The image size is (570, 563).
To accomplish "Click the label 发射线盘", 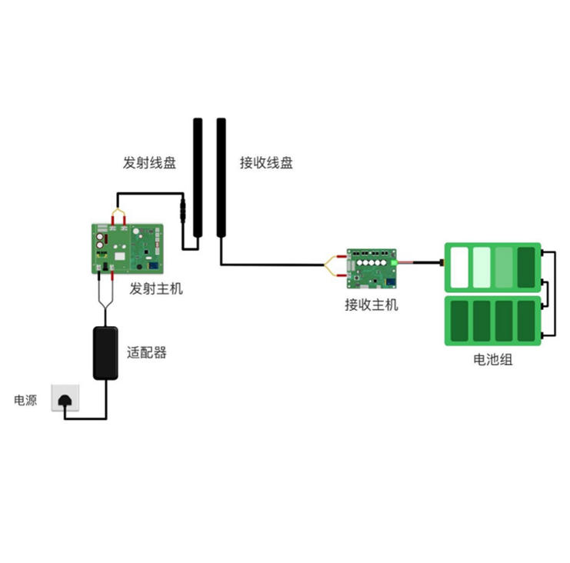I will (x=149, y=163).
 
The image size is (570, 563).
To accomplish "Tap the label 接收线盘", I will (x=266, y=163).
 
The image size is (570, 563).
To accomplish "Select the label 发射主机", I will (x=157, y=289).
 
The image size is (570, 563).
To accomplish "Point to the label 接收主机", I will (x=372, y=305).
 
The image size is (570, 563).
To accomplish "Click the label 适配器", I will (x=147, y=353).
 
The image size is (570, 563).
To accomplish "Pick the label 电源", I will (x=25, y=401).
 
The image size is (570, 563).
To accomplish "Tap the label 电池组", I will (x=493, y=358).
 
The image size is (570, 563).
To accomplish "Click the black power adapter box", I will (x=105, y=353).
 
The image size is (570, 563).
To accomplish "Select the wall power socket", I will (x=65, y=398).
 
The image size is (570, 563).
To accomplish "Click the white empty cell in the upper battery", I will (x=460, y=267).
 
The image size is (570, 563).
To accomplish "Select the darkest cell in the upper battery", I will (x=527, y=267).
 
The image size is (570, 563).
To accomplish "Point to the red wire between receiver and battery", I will (x=419, y=263).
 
